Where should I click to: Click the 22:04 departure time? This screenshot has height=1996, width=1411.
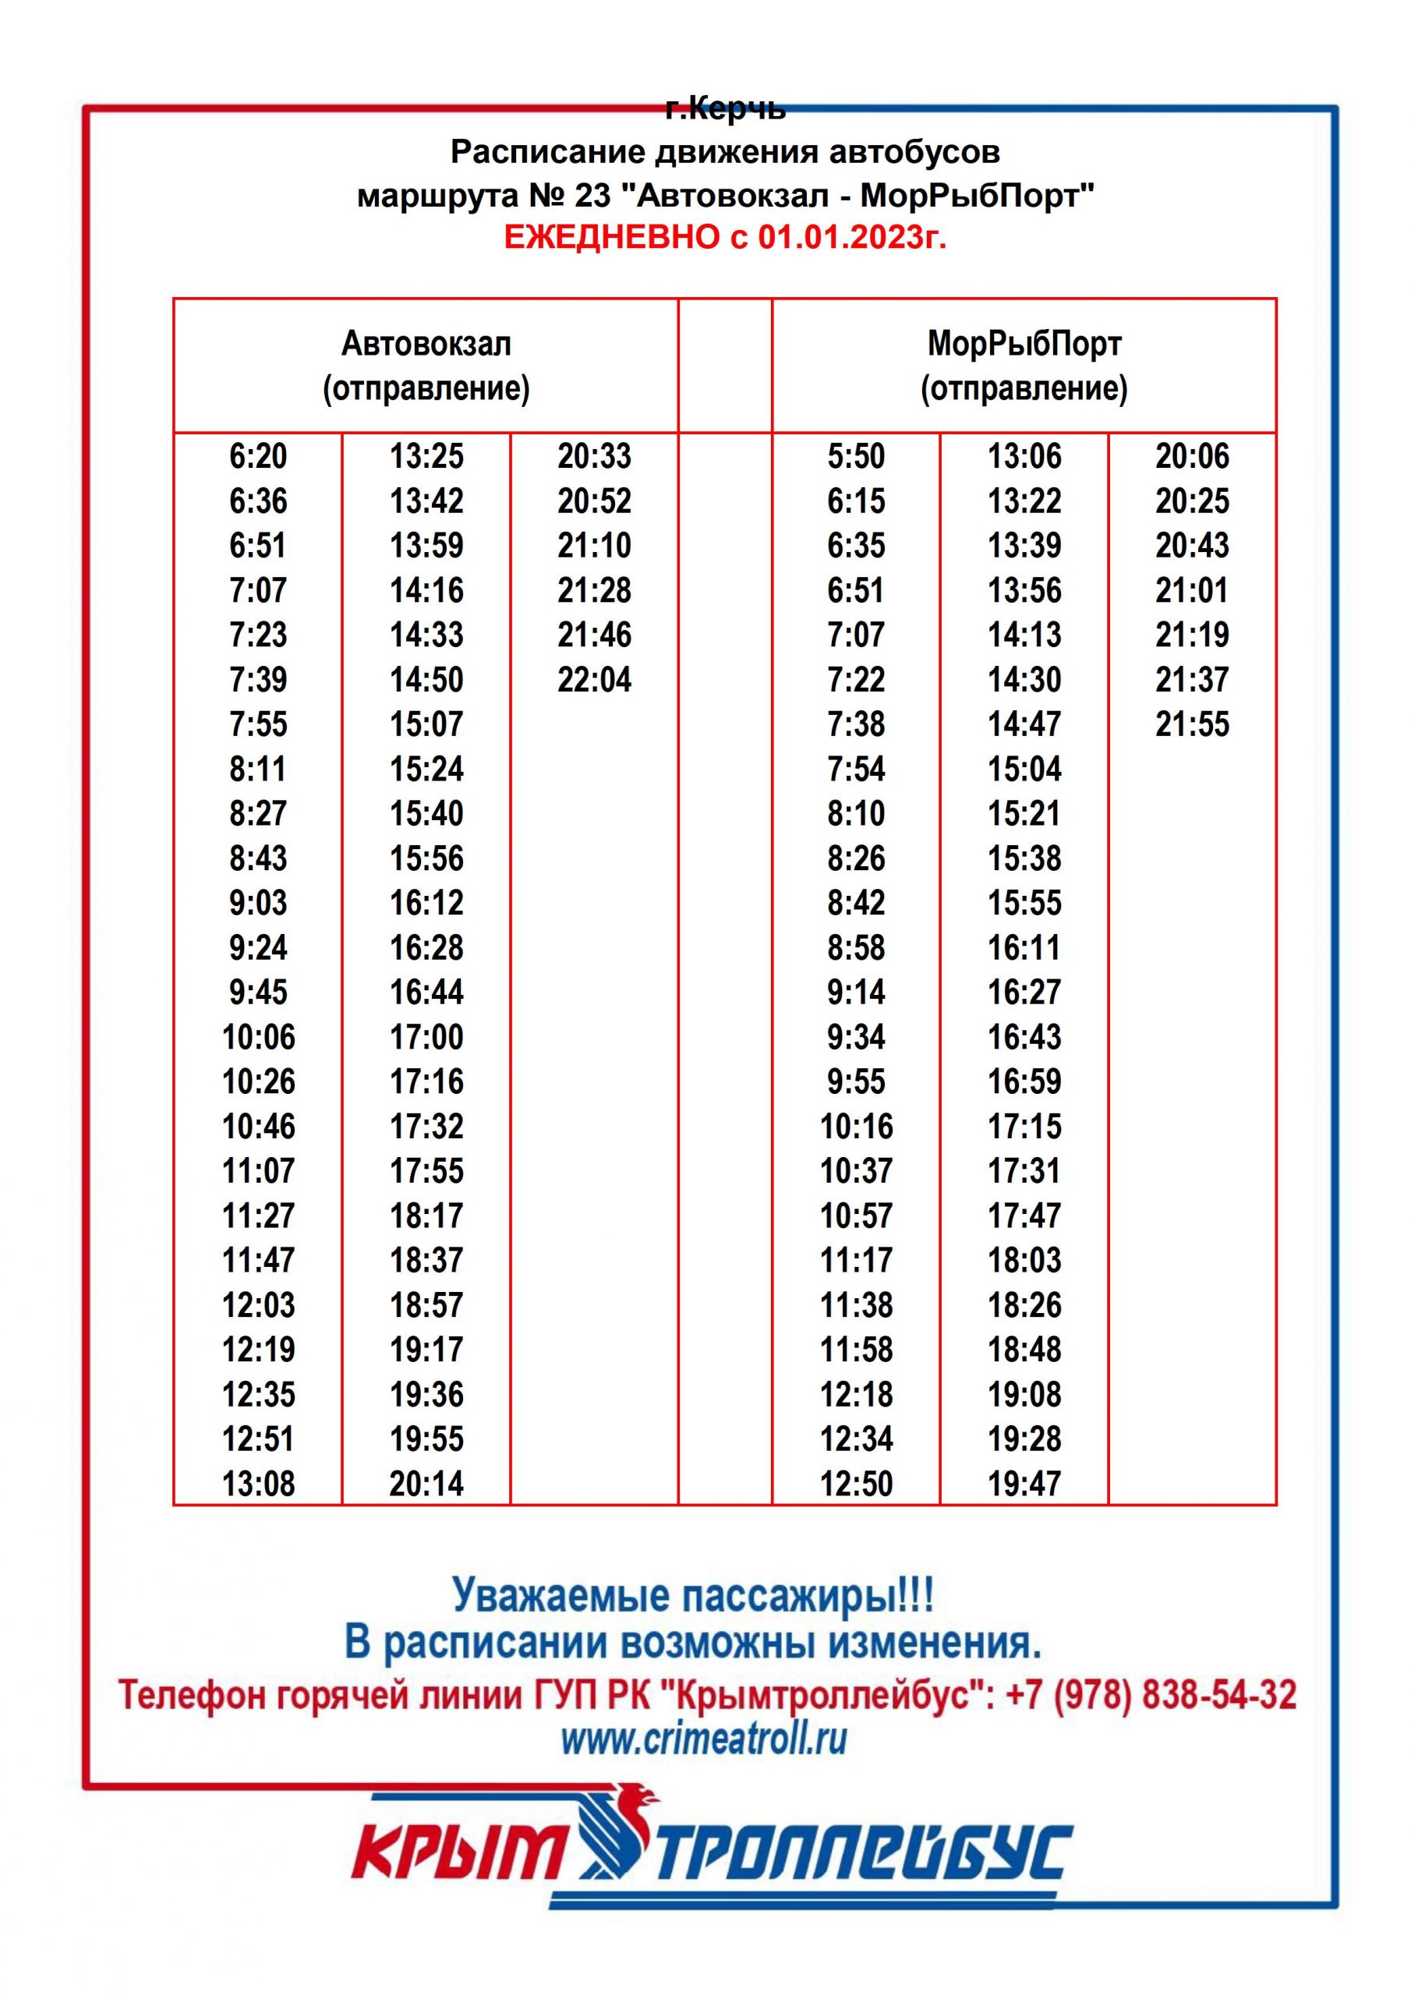[594, 680]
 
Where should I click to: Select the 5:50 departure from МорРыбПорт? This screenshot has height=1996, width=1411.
[855, 456]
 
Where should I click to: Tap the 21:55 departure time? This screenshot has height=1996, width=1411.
[1192, 724]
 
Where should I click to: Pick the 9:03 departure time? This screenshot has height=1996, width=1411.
[258, 903]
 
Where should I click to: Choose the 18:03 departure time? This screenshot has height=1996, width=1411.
[1024, 1261]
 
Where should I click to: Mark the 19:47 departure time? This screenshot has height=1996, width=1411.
[1024, 1484]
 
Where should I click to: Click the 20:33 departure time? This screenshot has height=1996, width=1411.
[594, 456]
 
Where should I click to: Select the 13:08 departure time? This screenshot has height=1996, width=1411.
[258, 1484]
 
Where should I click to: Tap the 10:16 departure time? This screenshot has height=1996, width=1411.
[855, 1127]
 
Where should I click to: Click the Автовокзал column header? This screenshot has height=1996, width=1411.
[426, 345]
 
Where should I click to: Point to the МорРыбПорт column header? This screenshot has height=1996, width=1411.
[1024, 345]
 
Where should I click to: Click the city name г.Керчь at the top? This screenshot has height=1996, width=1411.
[725, 109]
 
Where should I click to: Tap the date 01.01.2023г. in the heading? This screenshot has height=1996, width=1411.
[851, 237]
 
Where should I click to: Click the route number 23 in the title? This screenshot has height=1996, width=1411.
[593, 196]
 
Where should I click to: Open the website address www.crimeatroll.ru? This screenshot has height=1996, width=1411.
[703, 1739]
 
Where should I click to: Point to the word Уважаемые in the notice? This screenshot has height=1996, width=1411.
[561, 1596]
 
